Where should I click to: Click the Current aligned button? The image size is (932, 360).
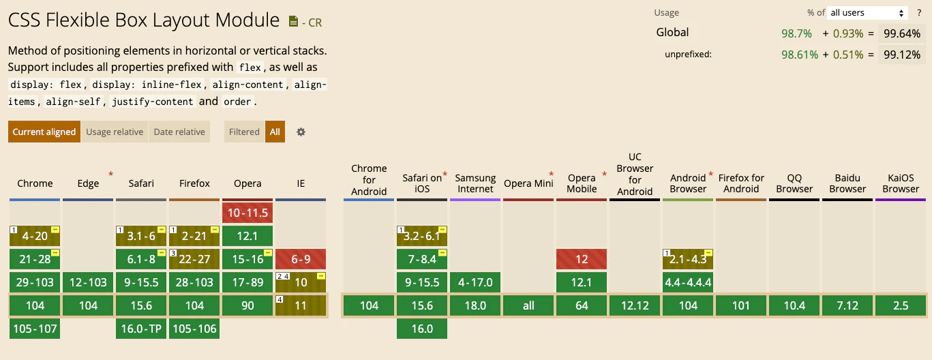pos(44,132)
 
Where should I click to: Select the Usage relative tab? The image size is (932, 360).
pos(115,132)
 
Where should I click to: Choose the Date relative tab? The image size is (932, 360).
pos(179,132)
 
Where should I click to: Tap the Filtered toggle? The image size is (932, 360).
pos(244,132)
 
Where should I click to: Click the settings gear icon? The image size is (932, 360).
pos(301,132)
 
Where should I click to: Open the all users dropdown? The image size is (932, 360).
pos(867,13)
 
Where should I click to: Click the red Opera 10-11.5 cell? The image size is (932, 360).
pos(247,213)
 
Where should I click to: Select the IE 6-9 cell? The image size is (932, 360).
pos(301,259)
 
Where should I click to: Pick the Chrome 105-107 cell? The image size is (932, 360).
pos(35,329)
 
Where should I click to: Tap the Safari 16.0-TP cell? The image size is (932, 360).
pos(141,329)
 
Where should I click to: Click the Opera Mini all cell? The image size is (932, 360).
pos(528,305)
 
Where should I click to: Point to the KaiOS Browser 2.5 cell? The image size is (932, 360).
pos(901,305)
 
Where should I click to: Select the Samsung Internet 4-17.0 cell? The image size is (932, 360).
pos(475,282)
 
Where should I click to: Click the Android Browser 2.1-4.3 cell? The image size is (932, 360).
pos(688,259)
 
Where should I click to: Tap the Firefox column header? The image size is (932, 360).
pos(194,183)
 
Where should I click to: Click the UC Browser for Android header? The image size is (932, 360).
pos(635,174)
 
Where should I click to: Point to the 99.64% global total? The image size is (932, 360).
pos(902,33)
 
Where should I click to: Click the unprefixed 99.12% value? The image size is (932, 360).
pos(902,55)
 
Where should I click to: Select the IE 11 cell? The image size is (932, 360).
pos(301,305)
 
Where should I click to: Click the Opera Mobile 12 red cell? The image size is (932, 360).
pos(582,259)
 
